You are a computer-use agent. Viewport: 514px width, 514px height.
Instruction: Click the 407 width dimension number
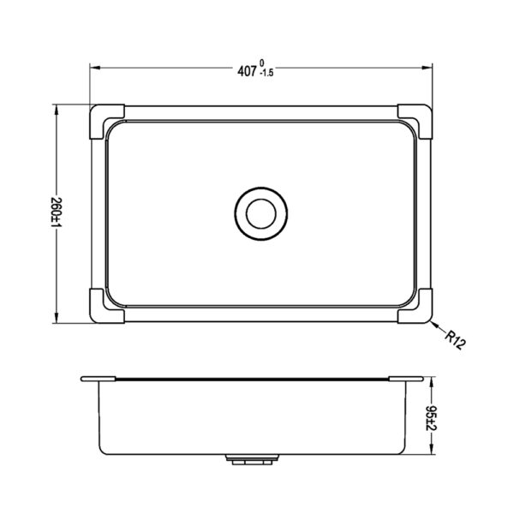[247, 71]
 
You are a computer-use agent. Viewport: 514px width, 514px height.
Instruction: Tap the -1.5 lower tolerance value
[266, 73]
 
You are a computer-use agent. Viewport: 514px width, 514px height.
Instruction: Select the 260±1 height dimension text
[57, 213]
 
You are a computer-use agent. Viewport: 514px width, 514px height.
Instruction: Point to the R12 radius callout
[455, 340]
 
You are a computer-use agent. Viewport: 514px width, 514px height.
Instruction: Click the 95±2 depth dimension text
[431, 418]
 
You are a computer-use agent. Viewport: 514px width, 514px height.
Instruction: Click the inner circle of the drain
[261, 213]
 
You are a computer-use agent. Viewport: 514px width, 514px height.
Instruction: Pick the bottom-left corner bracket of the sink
[105, 307]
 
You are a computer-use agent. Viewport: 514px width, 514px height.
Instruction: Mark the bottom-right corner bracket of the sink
[416, 307]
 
